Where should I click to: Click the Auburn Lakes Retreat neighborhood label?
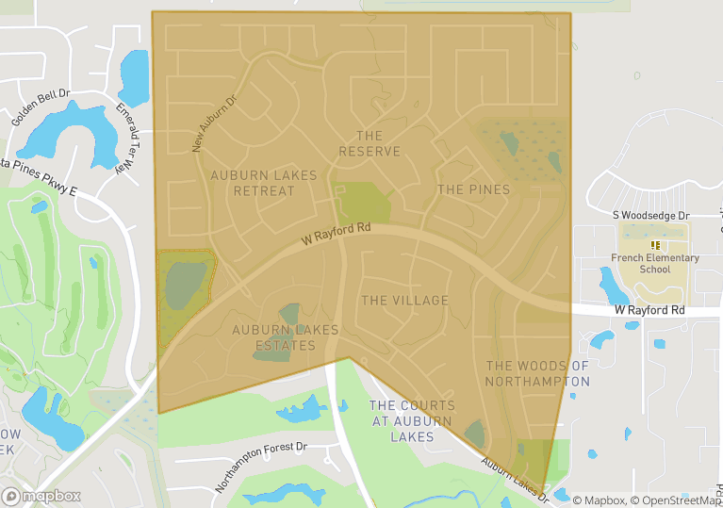[x=253, y=183]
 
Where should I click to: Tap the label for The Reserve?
[x=370, y=144]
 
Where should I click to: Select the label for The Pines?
[x=473, y=189]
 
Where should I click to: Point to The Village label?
[x=404, y=301]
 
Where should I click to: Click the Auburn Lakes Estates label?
[x=274, y=337]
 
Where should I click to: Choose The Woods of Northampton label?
[x=537, y=373]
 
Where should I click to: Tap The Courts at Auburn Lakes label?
[x=412, y=421]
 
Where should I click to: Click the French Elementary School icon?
[x=655, y=245]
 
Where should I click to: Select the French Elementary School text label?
[x=655, y=263]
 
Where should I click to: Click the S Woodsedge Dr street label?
[x=652, y=216]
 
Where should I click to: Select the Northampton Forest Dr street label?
[x=261, y=467]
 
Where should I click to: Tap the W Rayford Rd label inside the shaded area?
[x=337, y=234]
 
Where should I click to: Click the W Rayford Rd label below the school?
[x=649, y=310]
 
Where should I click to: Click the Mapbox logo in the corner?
[x=41, y=496]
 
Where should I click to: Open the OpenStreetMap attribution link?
[x=676, y=500]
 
